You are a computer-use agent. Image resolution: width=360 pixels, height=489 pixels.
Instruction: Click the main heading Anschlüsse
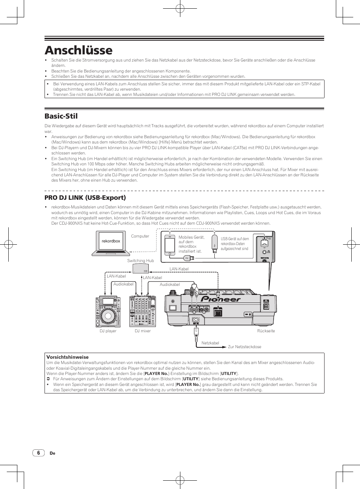coord(78,50)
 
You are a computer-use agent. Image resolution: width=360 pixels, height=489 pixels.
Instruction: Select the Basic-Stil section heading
coord(61,116)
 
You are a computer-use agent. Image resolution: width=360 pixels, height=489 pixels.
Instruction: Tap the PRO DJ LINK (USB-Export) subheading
coord(85,197)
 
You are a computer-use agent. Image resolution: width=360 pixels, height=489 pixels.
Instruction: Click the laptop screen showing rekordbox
coord(111,241)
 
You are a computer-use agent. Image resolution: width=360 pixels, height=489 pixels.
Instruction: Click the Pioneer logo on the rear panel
coord(220,299)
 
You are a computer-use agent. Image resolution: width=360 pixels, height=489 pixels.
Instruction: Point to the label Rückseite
coord(266,331)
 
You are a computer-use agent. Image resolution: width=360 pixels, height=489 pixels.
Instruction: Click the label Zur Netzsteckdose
coord(245,347)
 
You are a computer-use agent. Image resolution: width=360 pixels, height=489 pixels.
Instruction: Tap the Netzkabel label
coord(210,343)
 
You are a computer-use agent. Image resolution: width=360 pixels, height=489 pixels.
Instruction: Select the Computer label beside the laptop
coord(140,236)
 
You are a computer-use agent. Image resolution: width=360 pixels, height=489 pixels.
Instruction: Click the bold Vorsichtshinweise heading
coord(68,357)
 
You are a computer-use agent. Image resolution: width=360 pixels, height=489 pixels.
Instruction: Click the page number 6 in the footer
coord(38,453)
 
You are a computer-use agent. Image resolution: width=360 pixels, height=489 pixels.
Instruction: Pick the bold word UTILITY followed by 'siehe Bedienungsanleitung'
coord(191,379)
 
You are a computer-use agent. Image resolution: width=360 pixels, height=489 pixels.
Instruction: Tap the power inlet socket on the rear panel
coord(196,322)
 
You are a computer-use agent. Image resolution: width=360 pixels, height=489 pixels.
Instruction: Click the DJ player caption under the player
coord(108,331)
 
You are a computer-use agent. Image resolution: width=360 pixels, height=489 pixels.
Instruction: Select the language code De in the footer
coord(52,454)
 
